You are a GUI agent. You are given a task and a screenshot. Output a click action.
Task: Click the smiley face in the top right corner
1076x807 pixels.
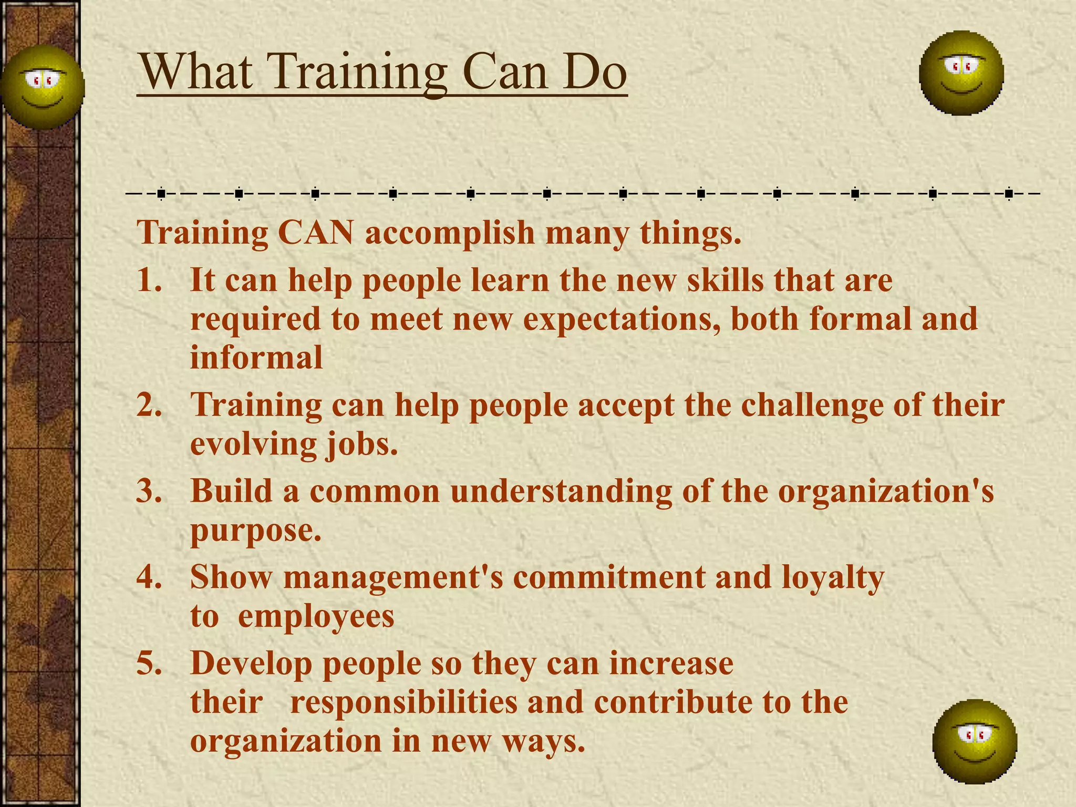(x=961, y=73)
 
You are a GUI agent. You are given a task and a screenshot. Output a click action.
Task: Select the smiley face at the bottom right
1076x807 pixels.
(x=975, y=741)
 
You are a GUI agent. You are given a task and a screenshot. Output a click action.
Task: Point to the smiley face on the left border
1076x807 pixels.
(x=42, y=87)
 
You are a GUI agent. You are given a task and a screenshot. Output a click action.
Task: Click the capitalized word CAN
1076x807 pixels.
(x=316, y=232)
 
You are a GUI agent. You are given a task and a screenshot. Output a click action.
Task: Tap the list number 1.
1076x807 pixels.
(x=149, y=280)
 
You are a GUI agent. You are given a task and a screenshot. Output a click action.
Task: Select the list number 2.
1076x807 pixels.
(x=149, y=405)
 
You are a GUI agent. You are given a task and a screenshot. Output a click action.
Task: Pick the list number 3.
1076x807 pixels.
(x=149, y=491)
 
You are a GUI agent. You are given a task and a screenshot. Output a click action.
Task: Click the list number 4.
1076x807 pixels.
(x=149, y=577)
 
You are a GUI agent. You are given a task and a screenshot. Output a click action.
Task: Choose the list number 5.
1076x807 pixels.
(x=149, y=663)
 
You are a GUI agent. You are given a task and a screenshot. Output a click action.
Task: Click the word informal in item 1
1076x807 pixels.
(x=256, y=357)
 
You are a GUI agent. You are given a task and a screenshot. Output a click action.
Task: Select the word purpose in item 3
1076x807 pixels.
(x=255, y=531)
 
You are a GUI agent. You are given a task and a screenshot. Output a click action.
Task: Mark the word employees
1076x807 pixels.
(x=316, y=617)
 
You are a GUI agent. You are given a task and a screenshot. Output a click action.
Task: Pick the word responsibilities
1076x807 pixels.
(x=403, y=702)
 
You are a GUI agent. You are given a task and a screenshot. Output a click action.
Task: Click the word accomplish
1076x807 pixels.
(x=450, y=233)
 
